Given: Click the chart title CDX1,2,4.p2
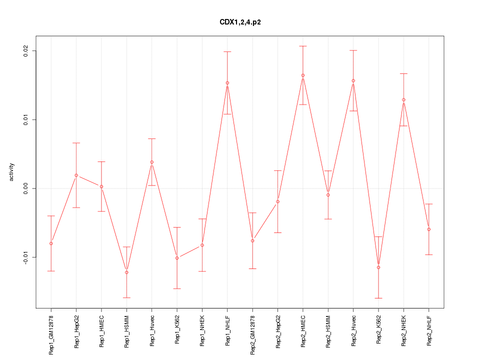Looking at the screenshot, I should [240, 22].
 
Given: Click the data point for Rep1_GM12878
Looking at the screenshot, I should [51, 243].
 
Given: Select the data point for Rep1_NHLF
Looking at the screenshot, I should [227, 83].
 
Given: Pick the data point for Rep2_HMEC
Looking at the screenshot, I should [303, 75].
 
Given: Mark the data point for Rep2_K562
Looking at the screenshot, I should [378, 267].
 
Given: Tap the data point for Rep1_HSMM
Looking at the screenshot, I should [126, 272].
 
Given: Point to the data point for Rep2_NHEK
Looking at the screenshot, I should [403, 100].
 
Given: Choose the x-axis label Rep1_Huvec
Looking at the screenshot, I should [152, 332].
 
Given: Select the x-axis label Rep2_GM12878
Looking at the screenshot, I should [252, 335].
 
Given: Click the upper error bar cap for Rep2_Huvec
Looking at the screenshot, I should [353, 50].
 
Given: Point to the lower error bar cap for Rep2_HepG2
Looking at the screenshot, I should [277, 233].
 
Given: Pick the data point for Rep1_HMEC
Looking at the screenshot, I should [101, 186].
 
